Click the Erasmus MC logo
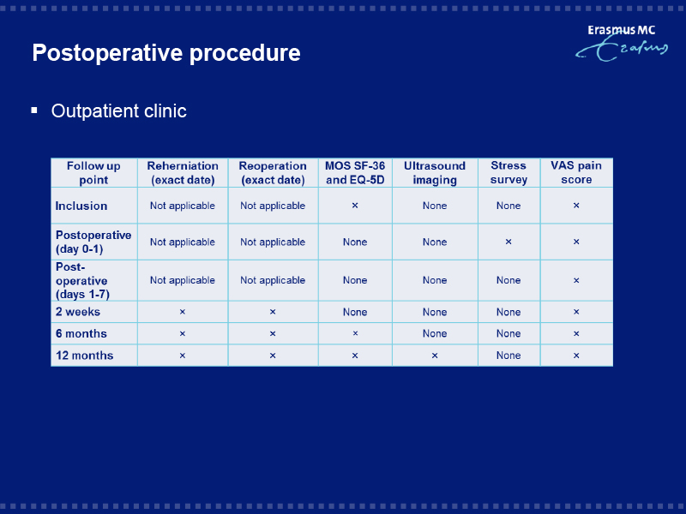[x=622, y=43]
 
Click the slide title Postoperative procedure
[x=166, y=53]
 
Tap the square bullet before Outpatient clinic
[x=34, y=111]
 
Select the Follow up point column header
[x=93, y=173]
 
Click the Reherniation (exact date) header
[x=183, y=173]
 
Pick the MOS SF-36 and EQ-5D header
[x=355, y=173]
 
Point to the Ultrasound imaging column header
[x=435, y=173]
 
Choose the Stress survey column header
[x=508, y=173]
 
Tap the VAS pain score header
[x=576, y=173]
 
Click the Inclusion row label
[x=81, y=206]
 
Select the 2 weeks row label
[x=78, y=312]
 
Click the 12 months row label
[x=84, y=356]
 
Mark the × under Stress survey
[x=508, y=242]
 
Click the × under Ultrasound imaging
[x=435, y=356]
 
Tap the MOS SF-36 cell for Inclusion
[x=355, y=206]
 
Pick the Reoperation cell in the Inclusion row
[x=273, y=206]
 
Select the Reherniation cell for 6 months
[x=183, y=334]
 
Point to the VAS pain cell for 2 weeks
[x=576, y=312]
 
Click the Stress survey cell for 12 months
[x=508, y=356]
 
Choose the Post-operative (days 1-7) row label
[x=82, y=281]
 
